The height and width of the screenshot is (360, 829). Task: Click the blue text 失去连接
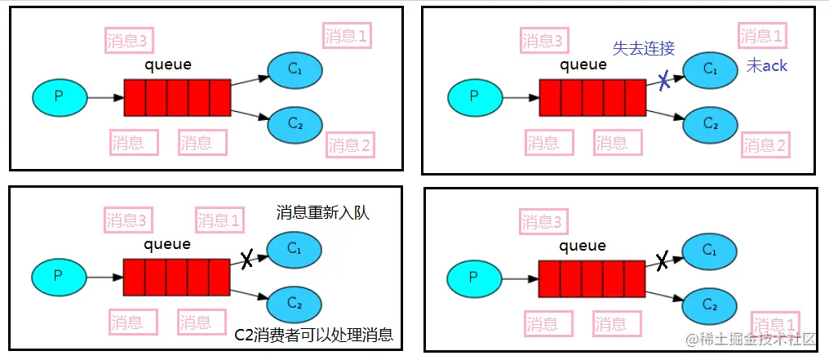click(644, 48)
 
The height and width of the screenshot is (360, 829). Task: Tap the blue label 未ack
click(767, 66)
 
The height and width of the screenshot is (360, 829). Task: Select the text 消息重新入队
click(323, 213)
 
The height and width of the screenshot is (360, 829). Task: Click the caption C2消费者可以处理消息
click(314, 334)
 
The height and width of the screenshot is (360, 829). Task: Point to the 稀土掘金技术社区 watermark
click(751, 338)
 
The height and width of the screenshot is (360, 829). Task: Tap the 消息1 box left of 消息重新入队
click(219, 220)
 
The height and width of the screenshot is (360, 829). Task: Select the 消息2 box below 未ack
click(765, 145)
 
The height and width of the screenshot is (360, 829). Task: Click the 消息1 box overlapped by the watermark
click(775, 323)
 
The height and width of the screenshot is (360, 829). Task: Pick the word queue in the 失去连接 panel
click(583, 64)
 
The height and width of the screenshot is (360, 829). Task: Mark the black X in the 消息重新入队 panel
click(247, 260)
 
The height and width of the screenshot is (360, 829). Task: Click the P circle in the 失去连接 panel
click(474, 97)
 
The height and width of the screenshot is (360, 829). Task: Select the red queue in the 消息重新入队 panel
click(177, 277)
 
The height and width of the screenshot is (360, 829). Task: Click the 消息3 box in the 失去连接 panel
click(543, 41)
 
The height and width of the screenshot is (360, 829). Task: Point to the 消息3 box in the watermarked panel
click(543, 221)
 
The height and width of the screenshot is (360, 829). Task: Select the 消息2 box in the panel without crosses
click(350, 145)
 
